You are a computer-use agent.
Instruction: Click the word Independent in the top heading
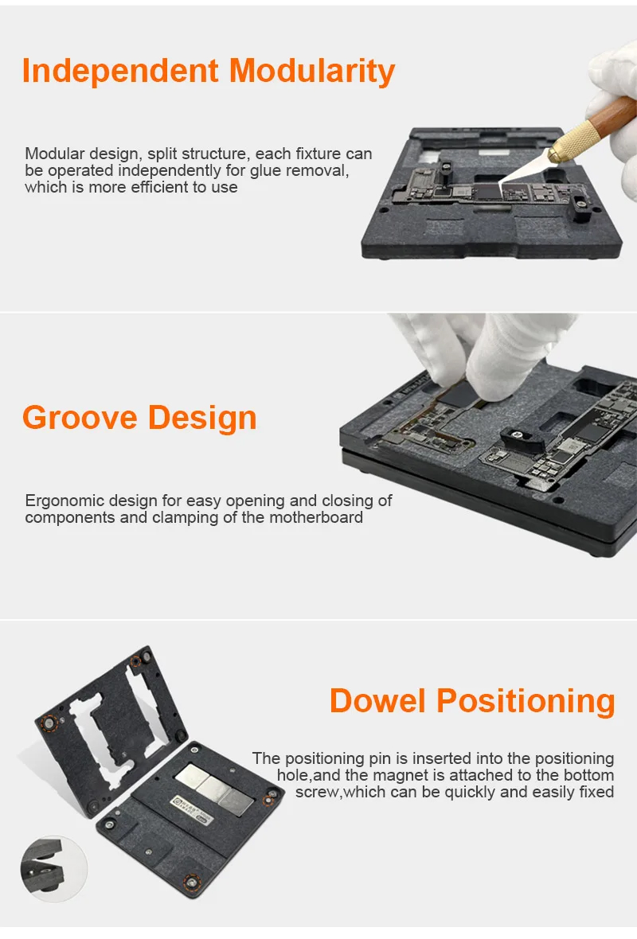120,71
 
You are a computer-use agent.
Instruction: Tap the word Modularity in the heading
312,72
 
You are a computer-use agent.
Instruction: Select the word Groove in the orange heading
80,418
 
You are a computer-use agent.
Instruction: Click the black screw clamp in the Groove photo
522,441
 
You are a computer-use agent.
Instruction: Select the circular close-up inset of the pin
53,869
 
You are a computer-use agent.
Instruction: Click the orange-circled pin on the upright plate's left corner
49,723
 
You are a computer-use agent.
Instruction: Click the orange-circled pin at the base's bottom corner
192,882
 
